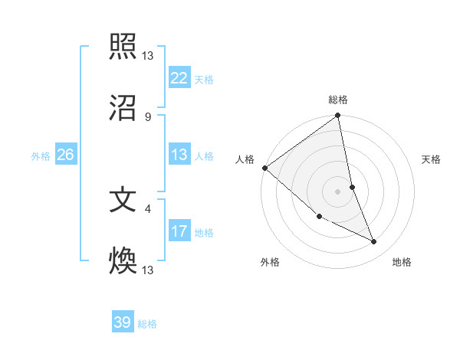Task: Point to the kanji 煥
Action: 123,260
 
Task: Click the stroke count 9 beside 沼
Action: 148,116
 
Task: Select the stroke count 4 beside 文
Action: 148,208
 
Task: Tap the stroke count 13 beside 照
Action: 148,56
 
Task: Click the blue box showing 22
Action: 179,78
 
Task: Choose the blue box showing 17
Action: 179,231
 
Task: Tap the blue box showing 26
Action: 65,155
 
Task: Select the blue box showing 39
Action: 123,322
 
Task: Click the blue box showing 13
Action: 179,155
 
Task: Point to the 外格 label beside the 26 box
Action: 41,156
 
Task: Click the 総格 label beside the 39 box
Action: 147,324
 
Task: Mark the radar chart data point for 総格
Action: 337,116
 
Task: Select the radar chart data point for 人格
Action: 264,168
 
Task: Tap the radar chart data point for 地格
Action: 374,241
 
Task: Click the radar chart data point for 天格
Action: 352,187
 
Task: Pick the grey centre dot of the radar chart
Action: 337,191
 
